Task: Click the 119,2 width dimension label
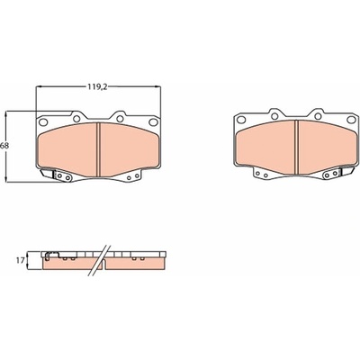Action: pyautogui.click(x=97, y=87)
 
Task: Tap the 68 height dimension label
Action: pyautogui.click(x=4, y=146)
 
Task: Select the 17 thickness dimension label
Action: pyautogui.click(x=20, y=261)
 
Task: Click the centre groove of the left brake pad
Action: pyautogui.click(x=98, y=149)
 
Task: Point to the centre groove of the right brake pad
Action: pyautogui.click(x=296, y=147)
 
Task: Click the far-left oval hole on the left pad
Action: pyautogui.click(x=43, y=122)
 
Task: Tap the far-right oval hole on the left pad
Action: pyautogui.click(x=153, y=121)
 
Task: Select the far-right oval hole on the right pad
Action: pyautogui.click(x=351, y=120)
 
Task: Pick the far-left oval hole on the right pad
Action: pyautogui.click(x=241, y=120)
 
